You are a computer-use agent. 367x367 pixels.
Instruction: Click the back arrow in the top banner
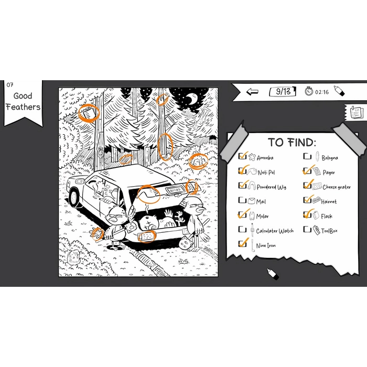point(252,92)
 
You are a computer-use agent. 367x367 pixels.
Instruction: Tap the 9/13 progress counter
point(283,92)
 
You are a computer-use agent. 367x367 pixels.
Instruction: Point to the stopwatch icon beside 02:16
point(309,91)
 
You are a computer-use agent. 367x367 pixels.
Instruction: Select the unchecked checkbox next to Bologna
point(307,156)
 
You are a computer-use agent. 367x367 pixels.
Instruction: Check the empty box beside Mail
point(242,200)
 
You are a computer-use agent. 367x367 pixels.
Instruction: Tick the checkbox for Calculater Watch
point(242,229)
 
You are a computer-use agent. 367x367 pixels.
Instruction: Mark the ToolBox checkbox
point(307,229)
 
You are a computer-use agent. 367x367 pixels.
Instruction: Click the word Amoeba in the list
point(265,158)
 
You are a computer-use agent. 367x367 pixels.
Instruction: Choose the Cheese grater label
point(337,187)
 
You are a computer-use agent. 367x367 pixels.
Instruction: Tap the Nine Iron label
point(266,245)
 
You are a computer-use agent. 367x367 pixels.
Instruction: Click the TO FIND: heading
point(292,142)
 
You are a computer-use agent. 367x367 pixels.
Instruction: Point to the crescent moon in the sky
point(193,99)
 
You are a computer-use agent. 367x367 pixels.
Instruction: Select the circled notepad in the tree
point(88,113)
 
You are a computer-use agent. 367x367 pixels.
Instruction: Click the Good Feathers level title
point(23,101)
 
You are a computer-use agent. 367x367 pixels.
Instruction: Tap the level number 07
point(10,85)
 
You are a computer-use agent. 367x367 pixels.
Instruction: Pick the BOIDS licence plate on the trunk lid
point(175,190)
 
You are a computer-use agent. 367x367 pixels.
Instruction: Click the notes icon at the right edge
point(356,113)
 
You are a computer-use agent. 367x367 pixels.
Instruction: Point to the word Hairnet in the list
point(329,201)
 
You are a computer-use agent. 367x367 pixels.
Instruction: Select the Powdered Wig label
point(272,187)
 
